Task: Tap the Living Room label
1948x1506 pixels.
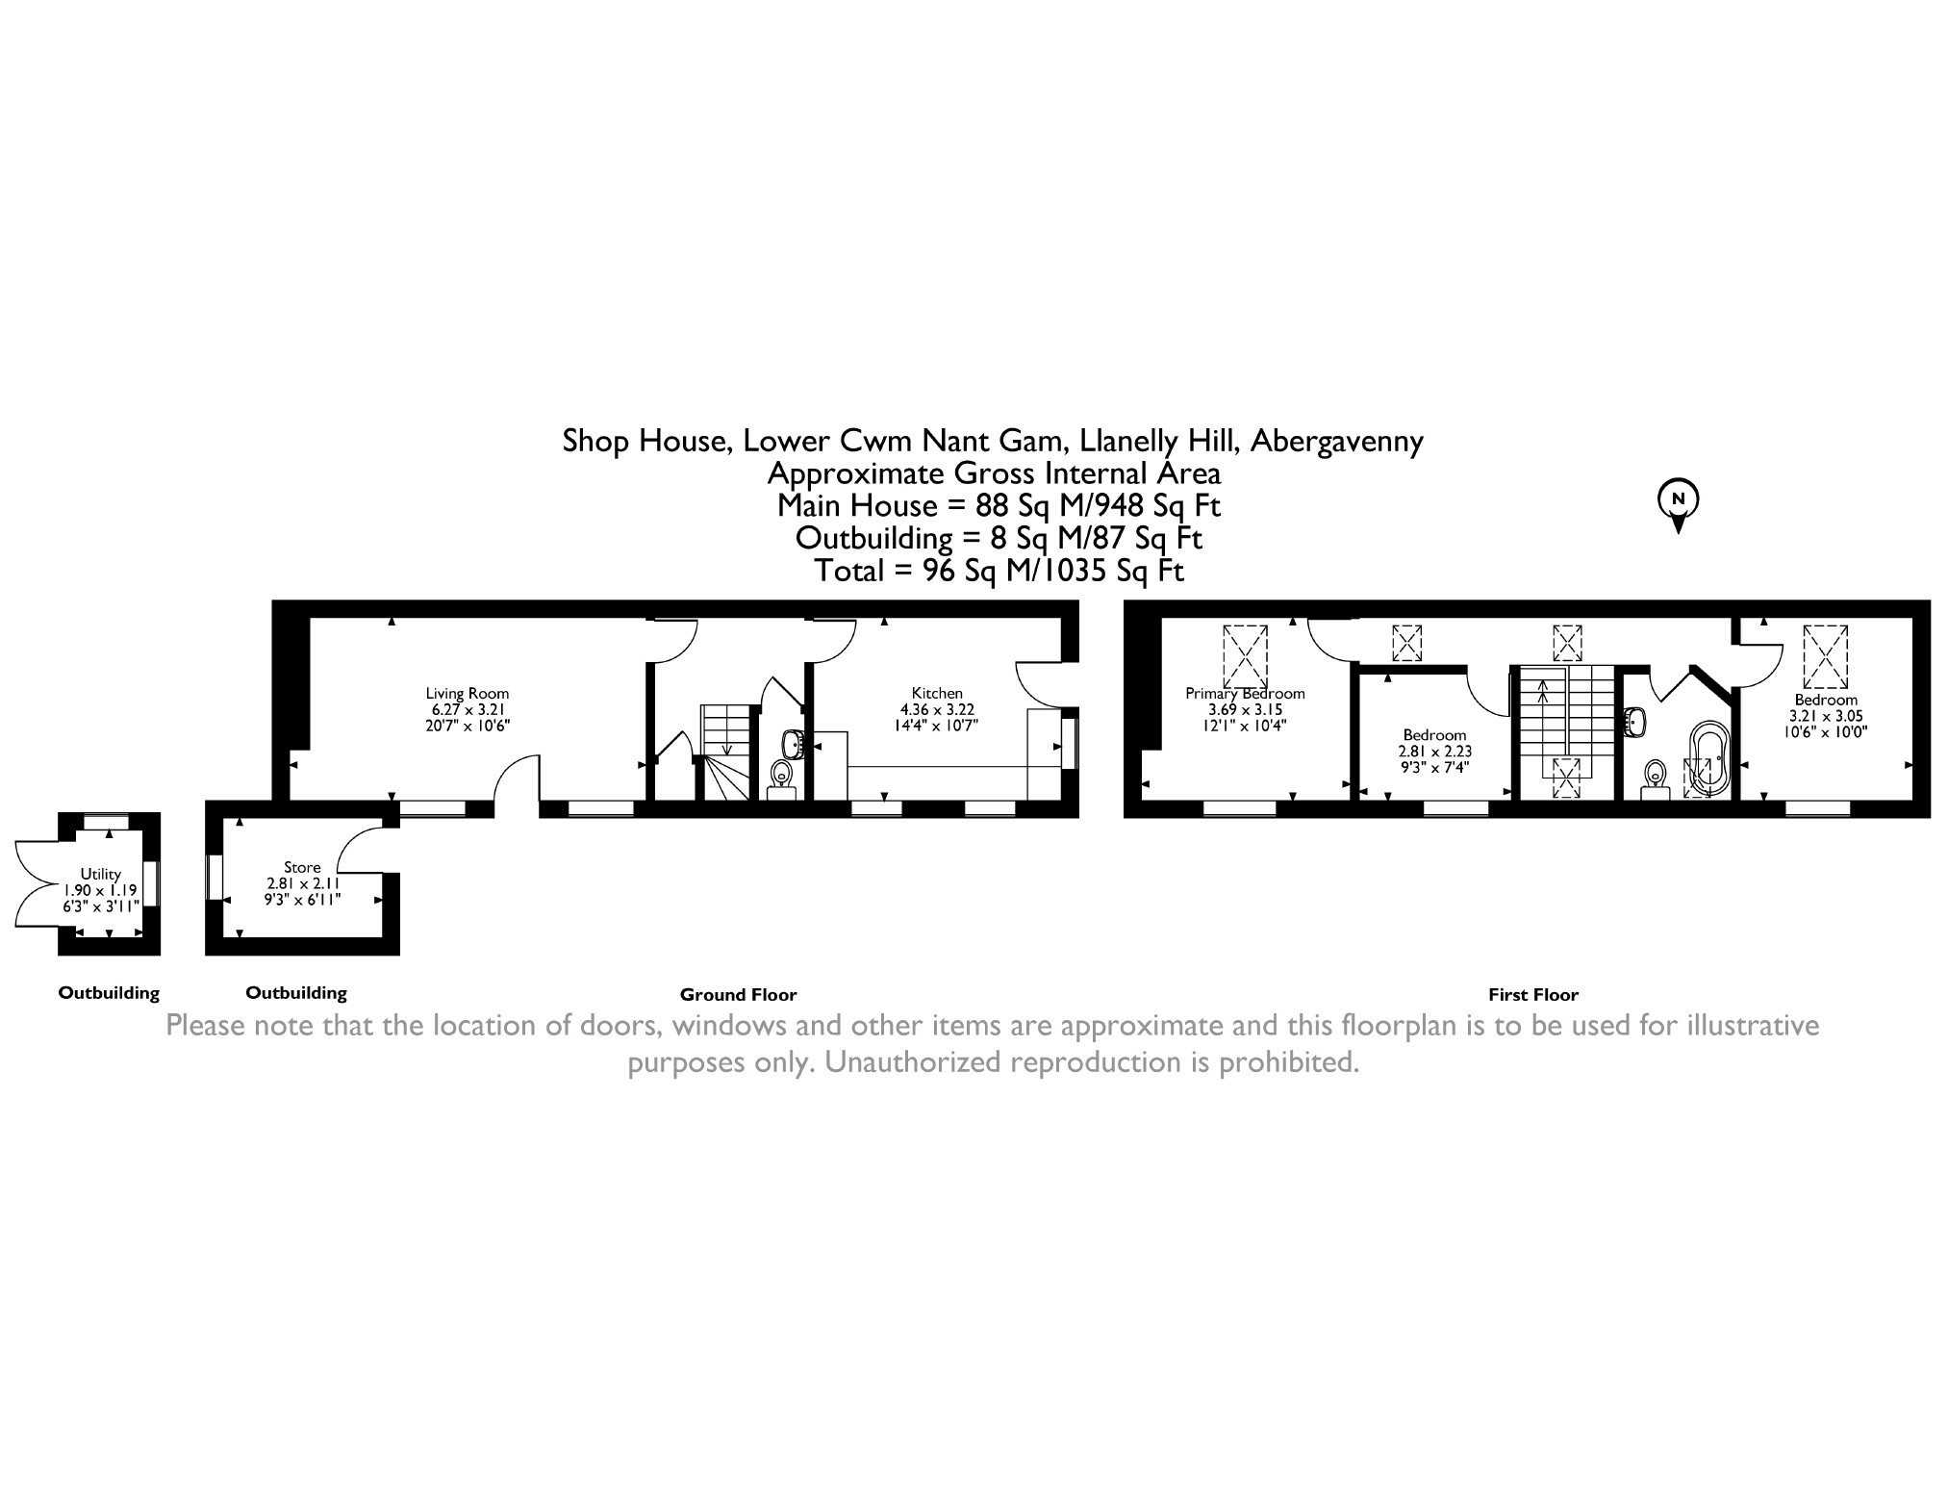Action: point(468,693)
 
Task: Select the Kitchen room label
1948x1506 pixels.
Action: point(937,693)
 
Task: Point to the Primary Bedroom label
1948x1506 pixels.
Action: point(1245,693)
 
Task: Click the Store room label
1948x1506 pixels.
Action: point(302,867)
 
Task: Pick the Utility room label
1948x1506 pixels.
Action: point(101,874)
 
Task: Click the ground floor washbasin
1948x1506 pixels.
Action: point(793,743)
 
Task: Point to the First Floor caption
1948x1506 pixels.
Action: point(1533,995)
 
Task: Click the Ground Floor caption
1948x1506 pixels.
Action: point(739,995)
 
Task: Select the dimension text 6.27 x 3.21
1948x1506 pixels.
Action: point(468,709)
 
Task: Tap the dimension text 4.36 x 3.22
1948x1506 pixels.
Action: point(937,709)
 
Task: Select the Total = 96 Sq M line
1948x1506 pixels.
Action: point(999,571)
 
